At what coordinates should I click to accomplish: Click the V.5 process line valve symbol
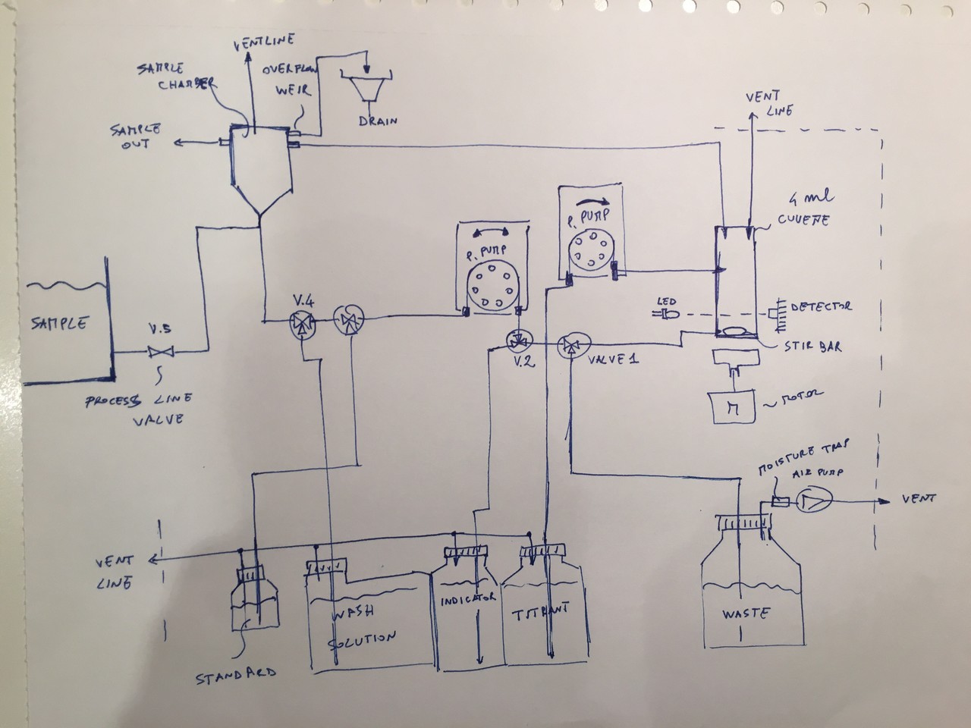pos(160,351)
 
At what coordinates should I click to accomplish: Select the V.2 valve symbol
pos(520,343)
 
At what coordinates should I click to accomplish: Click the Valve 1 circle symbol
pos(570,347)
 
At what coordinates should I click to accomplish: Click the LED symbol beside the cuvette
pos(668,313)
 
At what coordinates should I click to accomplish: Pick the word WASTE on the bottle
pos(747,613)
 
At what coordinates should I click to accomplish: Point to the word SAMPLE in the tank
pos(60,323)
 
